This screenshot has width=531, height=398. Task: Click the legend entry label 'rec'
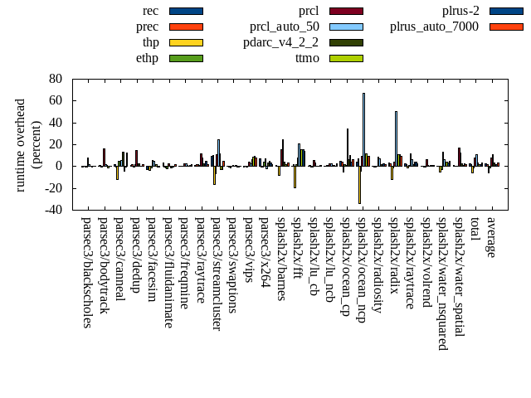[x=151, y=11]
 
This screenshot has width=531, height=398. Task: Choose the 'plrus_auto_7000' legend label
[x=434, y=27]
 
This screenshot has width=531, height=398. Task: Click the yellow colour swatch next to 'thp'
[x=186, y=42]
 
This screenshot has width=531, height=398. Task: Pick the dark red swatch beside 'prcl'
[x=346, y=11]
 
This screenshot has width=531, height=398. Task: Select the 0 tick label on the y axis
[x=59, y=166]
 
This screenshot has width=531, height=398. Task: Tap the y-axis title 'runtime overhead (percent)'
[x=28, y=144]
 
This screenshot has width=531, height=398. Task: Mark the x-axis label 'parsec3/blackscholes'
[x=87, y=272]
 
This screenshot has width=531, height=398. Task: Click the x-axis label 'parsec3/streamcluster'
[x=217, y=274]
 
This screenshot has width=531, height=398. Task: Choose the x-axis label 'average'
[x=491, y=237]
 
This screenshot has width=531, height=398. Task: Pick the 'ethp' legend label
[x=148, y=58]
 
